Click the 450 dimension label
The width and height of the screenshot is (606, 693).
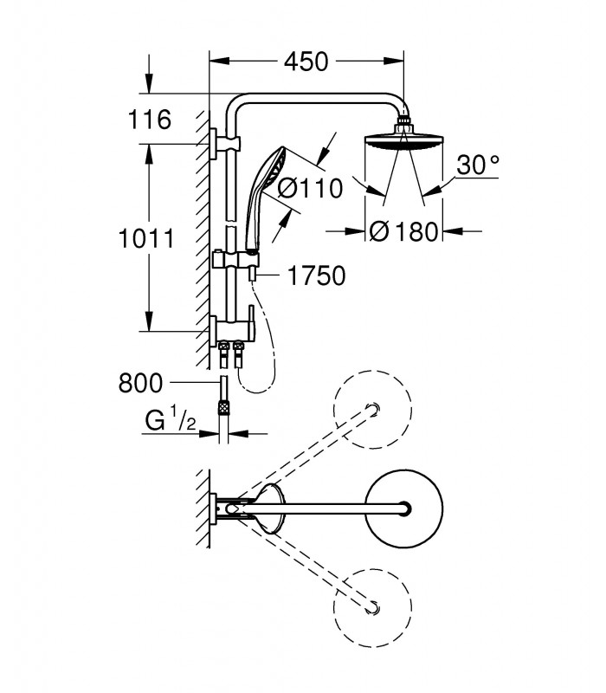[x=306, y=62]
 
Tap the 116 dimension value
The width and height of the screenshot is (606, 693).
[x=149, y=120]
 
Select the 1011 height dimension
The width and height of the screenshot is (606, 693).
[x=146, y=239]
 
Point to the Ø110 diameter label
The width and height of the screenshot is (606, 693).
[x=310, y=189]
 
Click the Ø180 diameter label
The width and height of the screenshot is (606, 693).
[x=403, y=231]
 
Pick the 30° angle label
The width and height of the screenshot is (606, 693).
[x=478, y=165]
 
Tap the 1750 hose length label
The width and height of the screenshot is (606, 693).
[x=316, y=275]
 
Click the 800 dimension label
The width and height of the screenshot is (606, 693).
[x=140, y=383]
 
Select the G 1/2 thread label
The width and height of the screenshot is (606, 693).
[x=171, y=420]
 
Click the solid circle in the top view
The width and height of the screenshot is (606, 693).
[x=404, y=508]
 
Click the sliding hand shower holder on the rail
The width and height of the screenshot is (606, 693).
[x=235, y=259]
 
